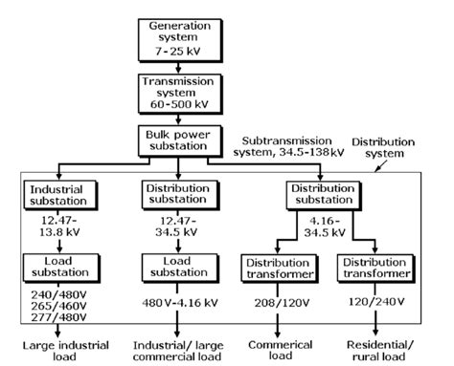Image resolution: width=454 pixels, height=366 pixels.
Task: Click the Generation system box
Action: click(178, 35)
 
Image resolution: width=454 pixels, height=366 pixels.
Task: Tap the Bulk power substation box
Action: click(178, 141)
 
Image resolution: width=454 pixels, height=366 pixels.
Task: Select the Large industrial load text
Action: click(55, 349)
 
